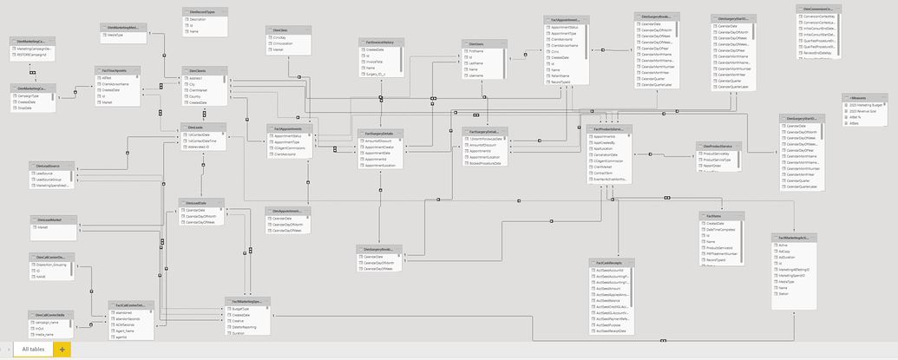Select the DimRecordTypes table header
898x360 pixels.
click(204, 11)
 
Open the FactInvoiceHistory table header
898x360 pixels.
click(382, 43)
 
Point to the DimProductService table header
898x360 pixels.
click(718, 147)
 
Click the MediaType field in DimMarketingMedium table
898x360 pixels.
click(115, 36)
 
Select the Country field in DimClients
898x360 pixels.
click(197, 96)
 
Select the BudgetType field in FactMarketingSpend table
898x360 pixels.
click(240, 309)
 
